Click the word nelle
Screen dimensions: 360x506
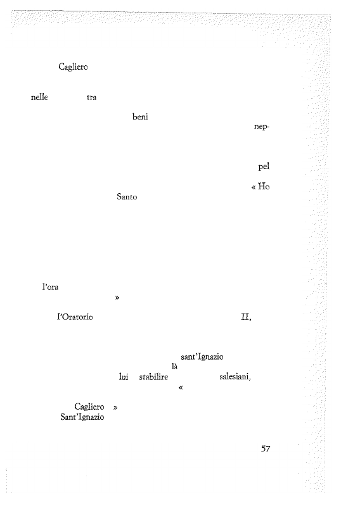(39, 97)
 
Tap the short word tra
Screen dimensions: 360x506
(91, 98)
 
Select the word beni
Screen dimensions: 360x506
(140, 117)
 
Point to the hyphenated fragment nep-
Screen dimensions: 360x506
(262, 127)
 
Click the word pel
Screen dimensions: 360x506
(264, 167)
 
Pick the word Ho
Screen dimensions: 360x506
(264, 187)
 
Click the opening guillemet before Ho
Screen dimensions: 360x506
(254, 187)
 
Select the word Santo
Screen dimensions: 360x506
(127, 196)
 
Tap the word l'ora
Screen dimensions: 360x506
(50, 287)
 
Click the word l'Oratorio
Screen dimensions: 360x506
(75, 317)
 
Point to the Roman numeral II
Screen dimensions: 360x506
(245, 317)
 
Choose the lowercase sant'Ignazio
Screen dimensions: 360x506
(202, 357)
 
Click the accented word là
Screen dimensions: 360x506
(174, 367)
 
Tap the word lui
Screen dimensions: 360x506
(124, 377)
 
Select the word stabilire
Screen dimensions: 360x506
(153, 377)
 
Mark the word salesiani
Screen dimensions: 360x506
(235, 377)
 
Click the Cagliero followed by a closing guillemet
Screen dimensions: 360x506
(89, 407)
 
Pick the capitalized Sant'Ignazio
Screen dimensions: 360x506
(82, 417)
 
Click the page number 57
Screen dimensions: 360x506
(266, 448)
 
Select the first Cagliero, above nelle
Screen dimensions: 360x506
(73, 66)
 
